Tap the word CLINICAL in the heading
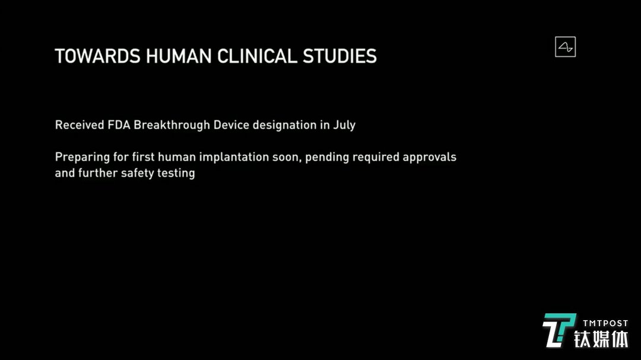pyautogui.click(x=257, y=56)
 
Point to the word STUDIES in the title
pyautogui.click(x=339, y=56)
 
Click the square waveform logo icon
pyautogui.click(x=566, y=47)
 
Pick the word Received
pyautogui.click(x=80, y=125)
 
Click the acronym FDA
pyautogui.click(x=119, y=125)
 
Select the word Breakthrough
pyautogui.click(x=172, y=125)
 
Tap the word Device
pyautogui.click(x=231, y=125)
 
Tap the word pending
pyautogui.click(x=327, y=158)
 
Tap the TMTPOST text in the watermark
pyautogui.click(x=605, y=323)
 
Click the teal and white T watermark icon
pyautogui.click(x=559, y=330)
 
